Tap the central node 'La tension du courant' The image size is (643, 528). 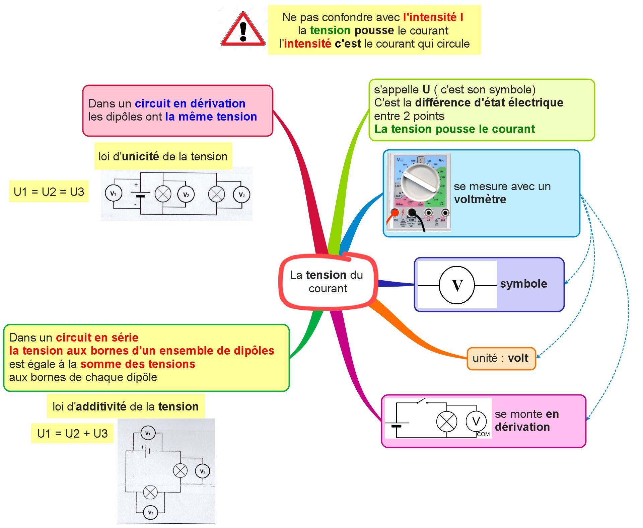pos(328,282)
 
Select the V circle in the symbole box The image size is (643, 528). pos(457,285)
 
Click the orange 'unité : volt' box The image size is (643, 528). pos(501,358)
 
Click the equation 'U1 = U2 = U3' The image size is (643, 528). pos(49,192)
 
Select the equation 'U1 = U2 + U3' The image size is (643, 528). pos(72,434)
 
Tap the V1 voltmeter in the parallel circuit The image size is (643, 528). pos(113,194)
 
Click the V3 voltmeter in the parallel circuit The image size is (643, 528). pos(241,195)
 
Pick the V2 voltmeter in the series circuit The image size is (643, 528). pos(202,471)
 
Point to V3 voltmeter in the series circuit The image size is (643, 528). pos(150,513)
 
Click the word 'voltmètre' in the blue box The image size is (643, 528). pos(480,200)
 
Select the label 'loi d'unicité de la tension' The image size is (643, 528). pos(163,156)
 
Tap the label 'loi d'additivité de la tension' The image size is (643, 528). pos(126,406)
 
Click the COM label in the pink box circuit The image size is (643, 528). pos(483,434)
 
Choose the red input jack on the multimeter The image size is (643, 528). pos(395,213)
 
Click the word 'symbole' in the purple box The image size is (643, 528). pos(523,284)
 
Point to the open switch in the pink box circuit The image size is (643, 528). pos(422,401)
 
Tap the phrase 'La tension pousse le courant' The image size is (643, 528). pos(454,129)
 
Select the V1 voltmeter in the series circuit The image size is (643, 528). pos(148,434)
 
